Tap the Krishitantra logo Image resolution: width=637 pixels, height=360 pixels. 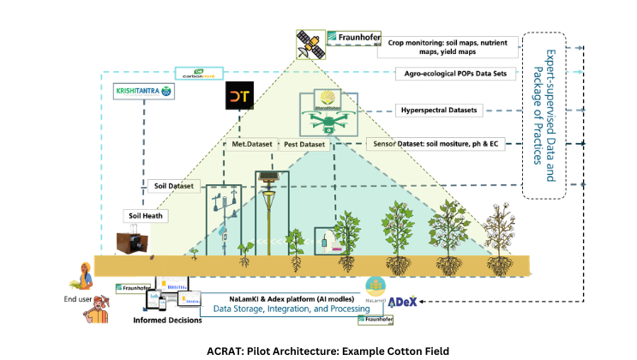click(x=142, y=90)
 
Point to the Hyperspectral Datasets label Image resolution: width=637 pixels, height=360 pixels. click(x=438, y=110)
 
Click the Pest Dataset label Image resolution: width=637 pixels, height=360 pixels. click(x=303, y=145)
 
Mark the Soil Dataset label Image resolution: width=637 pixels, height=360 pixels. click(x=172, y=185)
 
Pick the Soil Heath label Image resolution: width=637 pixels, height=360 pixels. click(x=145, y=215)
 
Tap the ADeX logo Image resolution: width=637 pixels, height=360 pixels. click(x=402, y=302)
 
